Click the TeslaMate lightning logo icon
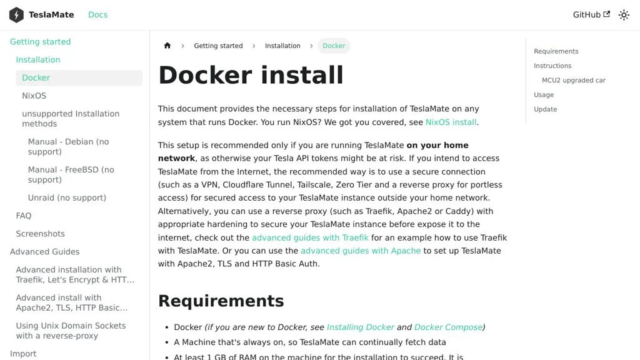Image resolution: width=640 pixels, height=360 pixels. (x=16, y=15)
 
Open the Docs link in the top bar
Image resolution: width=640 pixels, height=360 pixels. (x=97, y=15)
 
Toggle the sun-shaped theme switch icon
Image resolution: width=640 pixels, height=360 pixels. (x=624, y=15)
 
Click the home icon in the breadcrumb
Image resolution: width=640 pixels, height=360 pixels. (x=167, y=46)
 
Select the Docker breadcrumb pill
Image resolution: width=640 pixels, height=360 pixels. (x=334, y=46)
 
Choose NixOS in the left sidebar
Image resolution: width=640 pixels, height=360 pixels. (x=34, y=96)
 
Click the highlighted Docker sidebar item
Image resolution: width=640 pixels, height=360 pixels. (x=36, y=77)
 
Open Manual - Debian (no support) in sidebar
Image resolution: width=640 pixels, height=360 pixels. (x=68, y=147)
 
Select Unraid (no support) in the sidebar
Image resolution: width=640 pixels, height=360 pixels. (x=67, y=197)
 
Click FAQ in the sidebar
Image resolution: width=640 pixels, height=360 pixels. (x=24, y=216)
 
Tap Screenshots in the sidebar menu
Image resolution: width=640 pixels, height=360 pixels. (x=40, y=234)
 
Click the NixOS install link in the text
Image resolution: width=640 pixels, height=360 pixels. (x=451, y=122)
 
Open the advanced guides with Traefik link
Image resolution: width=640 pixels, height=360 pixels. (x=310, y=237)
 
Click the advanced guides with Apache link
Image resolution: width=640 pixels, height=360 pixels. (x=361, y=251)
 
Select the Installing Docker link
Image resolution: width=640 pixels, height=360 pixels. (x=360, y=327)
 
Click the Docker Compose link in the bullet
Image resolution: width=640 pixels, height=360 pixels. (x=448, y=327)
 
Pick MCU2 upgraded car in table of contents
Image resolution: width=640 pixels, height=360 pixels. (x=573, y=80)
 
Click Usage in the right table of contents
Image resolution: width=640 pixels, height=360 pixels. (x=544, y=94)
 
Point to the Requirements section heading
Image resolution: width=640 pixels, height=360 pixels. (x=221, y=301)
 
